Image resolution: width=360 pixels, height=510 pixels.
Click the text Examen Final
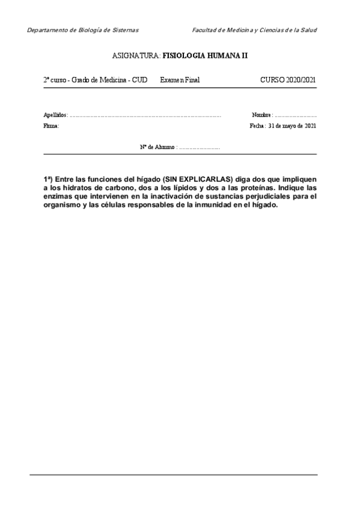[x=180, y=79]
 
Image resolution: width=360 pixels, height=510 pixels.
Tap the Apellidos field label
[x=55, y=114]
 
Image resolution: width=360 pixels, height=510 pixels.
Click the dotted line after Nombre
[x=296, y=114]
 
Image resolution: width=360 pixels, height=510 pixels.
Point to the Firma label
[x=51, y=126]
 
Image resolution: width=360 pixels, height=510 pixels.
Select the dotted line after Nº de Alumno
[x=200, y=146]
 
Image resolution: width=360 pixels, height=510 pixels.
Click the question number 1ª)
[x=47, y=179]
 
